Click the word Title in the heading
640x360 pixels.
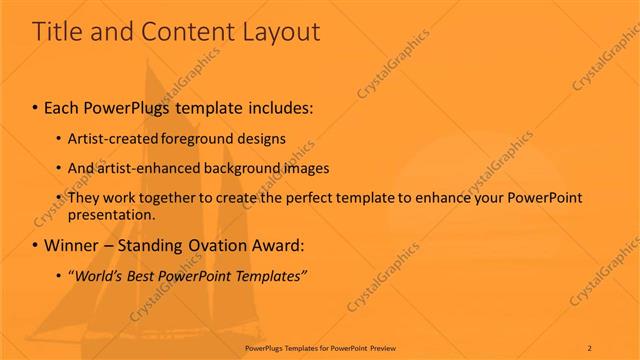point(57,32)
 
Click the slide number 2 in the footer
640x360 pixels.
point(589,348)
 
